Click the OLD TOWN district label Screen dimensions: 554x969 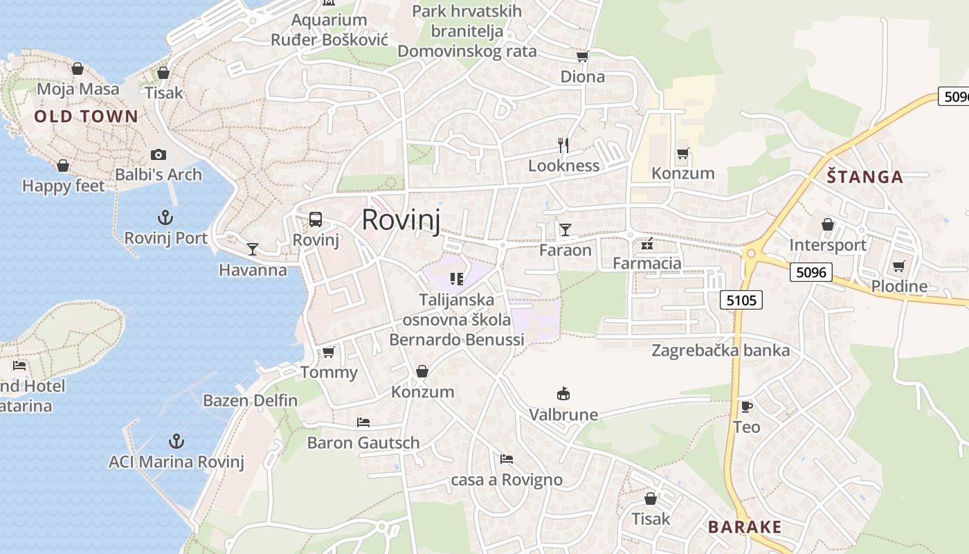(87, 116)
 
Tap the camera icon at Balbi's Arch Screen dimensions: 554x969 (159, 154)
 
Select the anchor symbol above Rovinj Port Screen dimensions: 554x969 (165, 218)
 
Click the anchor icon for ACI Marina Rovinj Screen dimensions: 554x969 (176, 441)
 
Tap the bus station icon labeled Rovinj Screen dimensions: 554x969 (316, 220)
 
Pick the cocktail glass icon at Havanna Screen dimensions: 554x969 (253, 249)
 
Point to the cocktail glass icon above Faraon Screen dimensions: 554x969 (565, 229)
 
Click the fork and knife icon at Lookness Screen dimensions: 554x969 (563, 145)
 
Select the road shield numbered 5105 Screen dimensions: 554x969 (741, 300)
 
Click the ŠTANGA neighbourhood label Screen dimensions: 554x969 (865, 177)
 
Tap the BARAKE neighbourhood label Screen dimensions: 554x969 (745, 527)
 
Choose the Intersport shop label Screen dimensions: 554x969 (828, 245)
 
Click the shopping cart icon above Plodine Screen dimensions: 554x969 (898, 266)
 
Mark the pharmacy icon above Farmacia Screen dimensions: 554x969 (647, 243)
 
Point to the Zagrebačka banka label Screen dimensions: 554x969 (721, 350)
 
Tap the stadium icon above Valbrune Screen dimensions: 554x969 (563, 394)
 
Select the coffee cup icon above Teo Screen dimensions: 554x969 (746, 406)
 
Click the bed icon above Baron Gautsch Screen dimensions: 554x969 (363, 422)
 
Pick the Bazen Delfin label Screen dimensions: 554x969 (250, 400)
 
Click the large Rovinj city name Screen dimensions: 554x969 (401, 220)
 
